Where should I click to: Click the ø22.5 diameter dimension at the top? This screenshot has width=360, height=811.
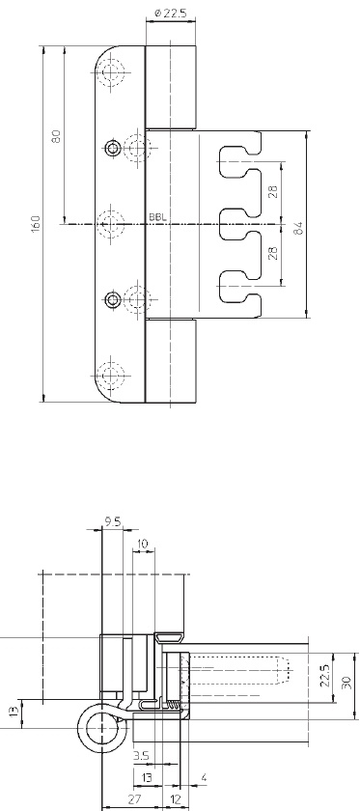coord(171,13)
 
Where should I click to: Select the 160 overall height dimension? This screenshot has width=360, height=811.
coord(36,223)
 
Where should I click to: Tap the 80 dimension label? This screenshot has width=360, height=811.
coord(56,135)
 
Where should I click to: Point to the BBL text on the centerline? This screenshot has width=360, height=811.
coord(158,217)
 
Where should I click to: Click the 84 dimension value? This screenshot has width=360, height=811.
coord(298,228)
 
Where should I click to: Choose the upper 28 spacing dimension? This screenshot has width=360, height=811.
coord(274,191)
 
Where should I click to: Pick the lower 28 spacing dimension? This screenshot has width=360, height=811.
coord(274,253)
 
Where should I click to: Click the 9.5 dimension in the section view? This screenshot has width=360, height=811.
coord(113,522)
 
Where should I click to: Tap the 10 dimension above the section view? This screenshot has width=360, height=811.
coord(142,544)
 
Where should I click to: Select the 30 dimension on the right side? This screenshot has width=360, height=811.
coord(346,683)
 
